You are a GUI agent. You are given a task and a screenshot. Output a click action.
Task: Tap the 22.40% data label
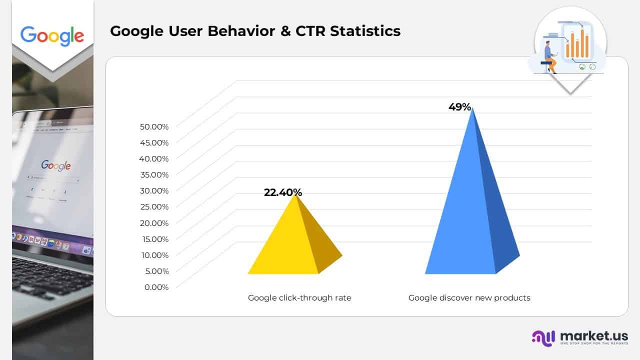coord(283,192)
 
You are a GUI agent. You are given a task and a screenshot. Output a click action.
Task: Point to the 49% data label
coord(459,106)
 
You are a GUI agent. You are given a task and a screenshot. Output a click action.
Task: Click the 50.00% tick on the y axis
coord(153,126)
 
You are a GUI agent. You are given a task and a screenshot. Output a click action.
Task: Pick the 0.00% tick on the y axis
coord(156,287)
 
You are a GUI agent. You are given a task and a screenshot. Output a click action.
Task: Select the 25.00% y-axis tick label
coord(153,206)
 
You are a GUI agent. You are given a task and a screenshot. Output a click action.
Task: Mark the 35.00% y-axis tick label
coord(153,174)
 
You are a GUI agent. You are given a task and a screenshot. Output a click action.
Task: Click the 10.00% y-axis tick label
coord(153,255)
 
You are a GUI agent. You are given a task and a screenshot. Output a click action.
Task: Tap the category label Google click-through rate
coord(299,298)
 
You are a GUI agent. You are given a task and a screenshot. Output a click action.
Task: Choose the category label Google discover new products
coord(469,298)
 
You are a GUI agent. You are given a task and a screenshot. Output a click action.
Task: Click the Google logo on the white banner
coord(52,35)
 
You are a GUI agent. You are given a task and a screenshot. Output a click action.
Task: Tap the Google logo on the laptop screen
coord(55,165)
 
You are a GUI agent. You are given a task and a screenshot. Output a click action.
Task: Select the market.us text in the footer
coord(593,335)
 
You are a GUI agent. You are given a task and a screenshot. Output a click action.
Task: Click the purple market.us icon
coord(543,337)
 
